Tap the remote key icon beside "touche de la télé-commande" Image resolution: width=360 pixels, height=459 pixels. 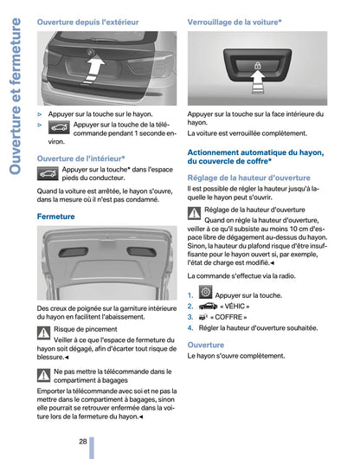click(60, 127)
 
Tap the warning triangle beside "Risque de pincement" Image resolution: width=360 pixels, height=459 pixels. click(44, 332)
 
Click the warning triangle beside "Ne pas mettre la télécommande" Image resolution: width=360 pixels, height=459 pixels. click(44, 374)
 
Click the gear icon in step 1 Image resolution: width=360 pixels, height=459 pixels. click(206, 294)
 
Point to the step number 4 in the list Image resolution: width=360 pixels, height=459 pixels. click(190, 328)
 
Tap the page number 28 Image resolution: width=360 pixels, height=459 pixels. click(82, 442)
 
